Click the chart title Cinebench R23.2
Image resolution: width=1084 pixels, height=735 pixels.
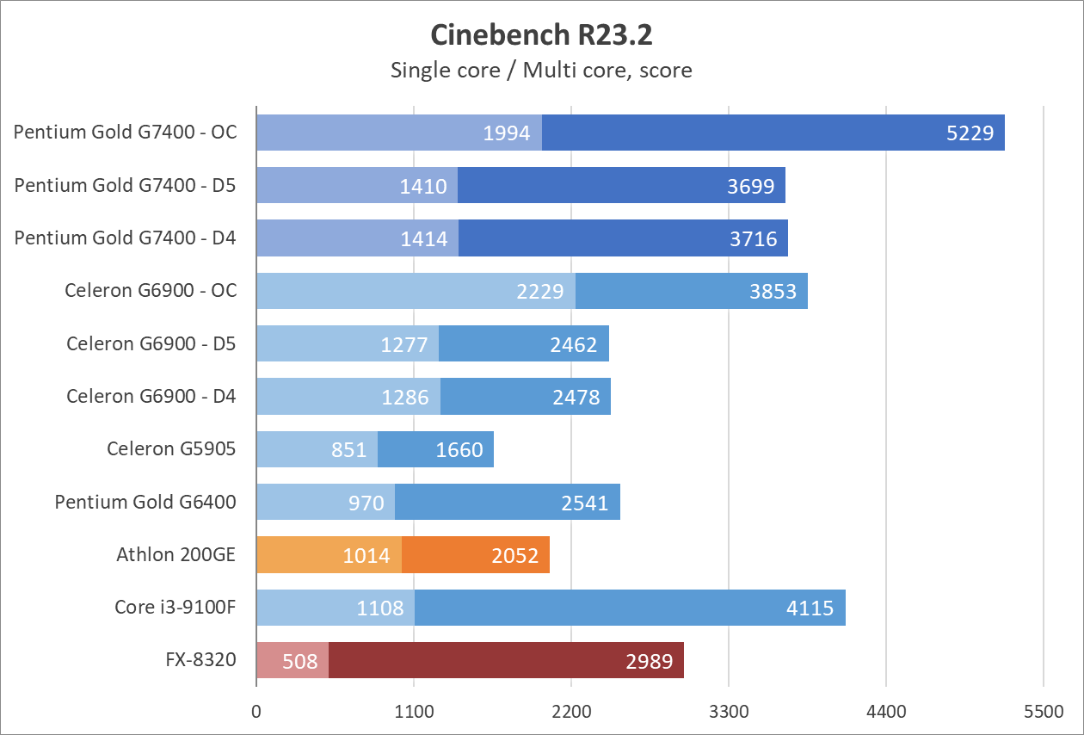click(541, 35)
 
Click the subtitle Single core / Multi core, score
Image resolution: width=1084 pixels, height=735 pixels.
click(541, 70)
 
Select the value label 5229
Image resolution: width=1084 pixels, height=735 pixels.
click(970, 133)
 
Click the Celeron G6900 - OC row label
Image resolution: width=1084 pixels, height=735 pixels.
click(151, 291)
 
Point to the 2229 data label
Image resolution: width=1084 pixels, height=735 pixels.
click(540, 292)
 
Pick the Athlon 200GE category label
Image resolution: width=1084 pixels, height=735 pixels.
click(176, 555)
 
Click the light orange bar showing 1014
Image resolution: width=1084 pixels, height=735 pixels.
click(329, 555)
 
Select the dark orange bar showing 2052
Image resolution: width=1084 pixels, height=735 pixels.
click(476, 555)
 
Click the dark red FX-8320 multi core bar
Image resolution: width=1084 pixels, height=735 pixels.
click(506, 660)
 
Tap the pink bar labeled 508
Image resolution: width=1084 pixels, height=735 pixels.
click(293, 660)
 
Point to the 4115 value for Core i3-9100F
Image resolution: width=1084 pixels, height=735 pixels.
click(810, 608)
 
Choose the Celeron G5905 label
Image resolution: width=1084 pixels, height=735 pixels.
click(171, 449)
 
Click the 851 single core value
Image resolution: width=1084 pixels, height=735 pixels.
click(348, 450)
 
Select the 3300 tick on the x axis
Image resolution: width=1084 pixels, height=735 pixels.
click(729, 712)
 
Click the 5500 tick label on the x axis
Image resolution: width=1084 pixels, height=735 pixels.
click(1043, 712)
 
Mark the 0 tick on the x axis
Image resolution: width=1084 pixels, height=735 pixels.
click(256, 712)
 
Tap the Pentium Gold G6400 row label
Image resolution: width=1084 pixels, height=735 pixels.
click(145, 502)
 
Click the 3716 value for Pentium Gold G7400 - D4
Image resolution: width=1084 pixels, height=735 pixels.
click(753, 238)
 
